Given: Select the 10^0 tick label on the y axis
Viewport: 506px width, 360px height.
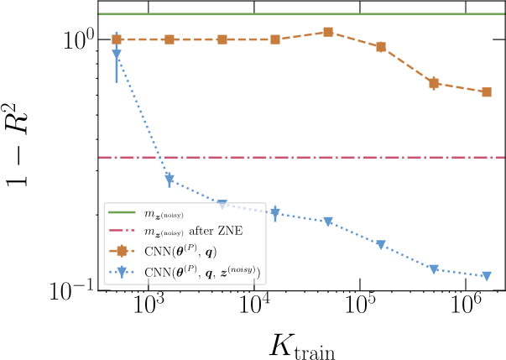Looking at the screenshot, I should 70,39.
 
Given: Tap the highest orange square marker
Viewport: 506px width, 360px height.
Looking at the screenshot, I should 328,32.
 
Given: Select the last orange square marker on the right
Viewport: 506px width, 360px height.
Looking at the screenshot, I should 487,91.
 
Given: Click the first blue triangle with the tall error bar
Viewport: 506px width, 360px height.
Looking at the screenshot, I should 117,55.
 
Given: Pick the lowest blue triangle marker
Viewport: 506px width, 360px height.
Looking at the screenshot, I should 487,276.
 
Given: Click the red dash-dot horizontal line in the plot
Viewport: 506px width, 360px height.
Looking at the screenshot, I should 336,157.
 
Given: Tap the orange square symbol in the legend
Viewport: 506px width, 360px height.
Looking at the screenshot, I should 123,249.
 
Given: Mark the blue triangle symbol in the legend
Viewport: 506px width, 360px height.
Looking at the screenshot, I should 123,269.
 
